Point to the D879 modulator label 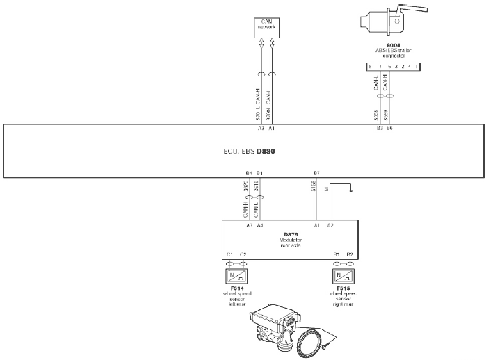click(291, 235)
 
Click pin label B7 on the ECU click(316, 172)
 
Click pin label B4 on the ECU click(249, 172)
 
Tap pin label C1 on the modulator click(229, 255)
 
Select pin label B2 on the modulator click(350, 255)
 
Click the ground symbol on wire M click(352, 188)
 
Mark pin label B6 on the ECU click(389, 129)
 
